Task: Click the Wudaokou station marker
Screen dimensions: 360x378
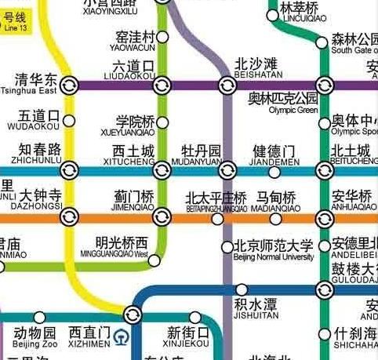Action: (69, 121)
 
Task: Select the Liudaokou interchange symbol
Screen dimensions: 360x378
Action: (162, 85)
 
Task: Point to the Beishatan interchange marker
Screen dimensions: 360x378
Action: (226, 85)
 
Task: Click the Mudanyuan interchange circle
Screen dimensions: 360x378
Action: (227, 169)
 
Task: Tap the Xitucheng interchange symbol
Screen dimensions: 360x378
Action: (162, 169)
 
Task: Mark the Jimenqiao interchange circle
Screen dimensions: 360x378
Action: (162, 216)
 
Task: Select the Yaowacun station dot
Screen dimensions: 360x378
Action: (162, 37)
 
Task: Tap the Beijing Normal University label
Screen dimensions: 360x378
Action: (272, 251)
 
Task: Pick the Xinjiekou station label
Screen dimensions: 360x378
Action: (189, 336)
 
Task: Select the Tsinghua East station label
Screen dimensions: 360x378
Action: (35, 83)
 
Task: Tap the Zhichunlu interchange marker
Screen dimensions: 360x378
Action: (69, 169)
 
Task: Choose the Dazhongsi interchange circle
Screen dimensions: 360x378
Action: (69, 216)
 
